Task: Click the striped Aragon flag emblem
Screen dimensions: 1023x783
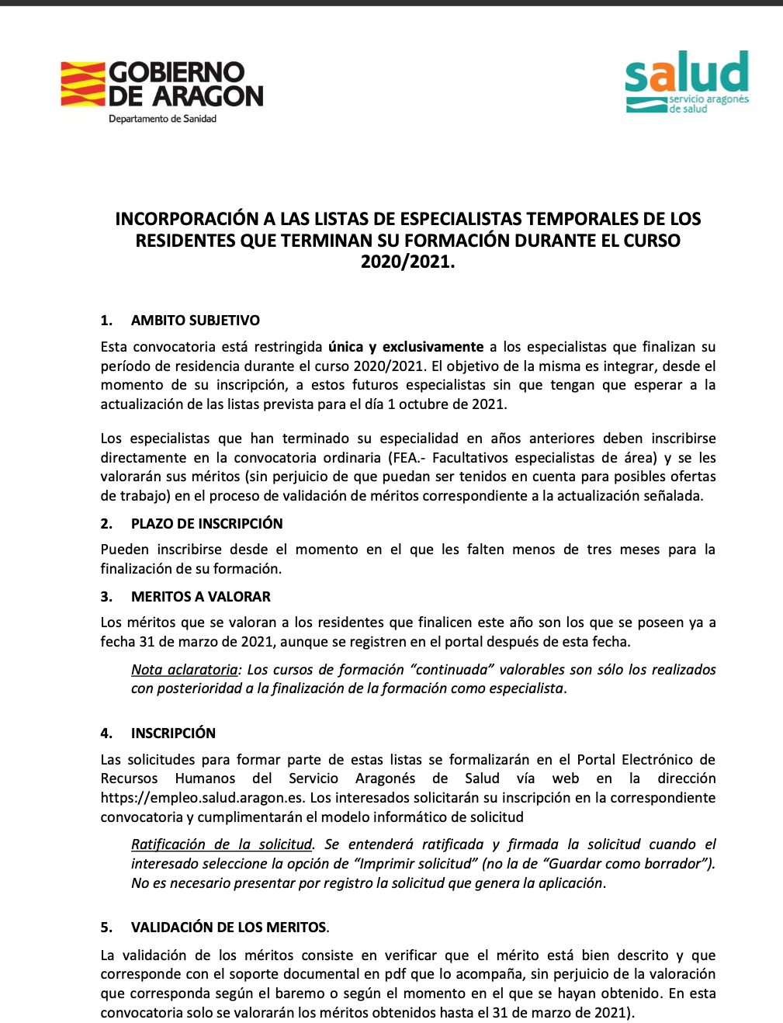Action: (x=83, y=84)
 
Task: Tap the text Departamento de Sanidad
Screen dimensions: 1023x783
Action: (x=162, y=119)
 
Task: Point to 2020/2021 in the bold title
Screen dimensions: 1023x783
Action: (x=407, y=262)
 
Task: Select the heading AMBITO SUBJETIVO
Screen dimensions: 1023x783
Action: (x=196, y=321)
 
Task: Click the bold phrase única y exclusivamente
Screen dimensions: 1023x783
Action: (x=406, y=347)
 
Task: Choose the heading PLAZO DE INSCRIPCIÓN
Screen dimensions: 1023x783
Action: (x=206, y=524)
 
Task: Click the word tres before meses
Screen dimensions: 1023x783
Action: (x=599, y=550)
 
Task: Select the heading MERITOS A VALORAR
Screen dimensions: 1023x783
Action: (x=201, y=597)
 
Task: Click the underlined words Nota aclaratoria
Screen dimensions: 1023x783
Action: (x=185, y=670)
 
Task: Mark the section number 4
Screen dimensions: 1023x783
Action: (x=106, y=733)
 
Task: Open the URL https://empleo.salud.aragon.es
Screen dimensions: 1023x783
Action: (x=203, y=798)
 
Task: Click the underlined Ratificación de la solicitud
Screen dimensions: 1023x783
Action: (x=221, y=844)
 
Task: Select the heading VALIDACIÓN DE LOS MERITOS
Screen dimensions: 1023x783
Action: (x=228, y=928)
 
